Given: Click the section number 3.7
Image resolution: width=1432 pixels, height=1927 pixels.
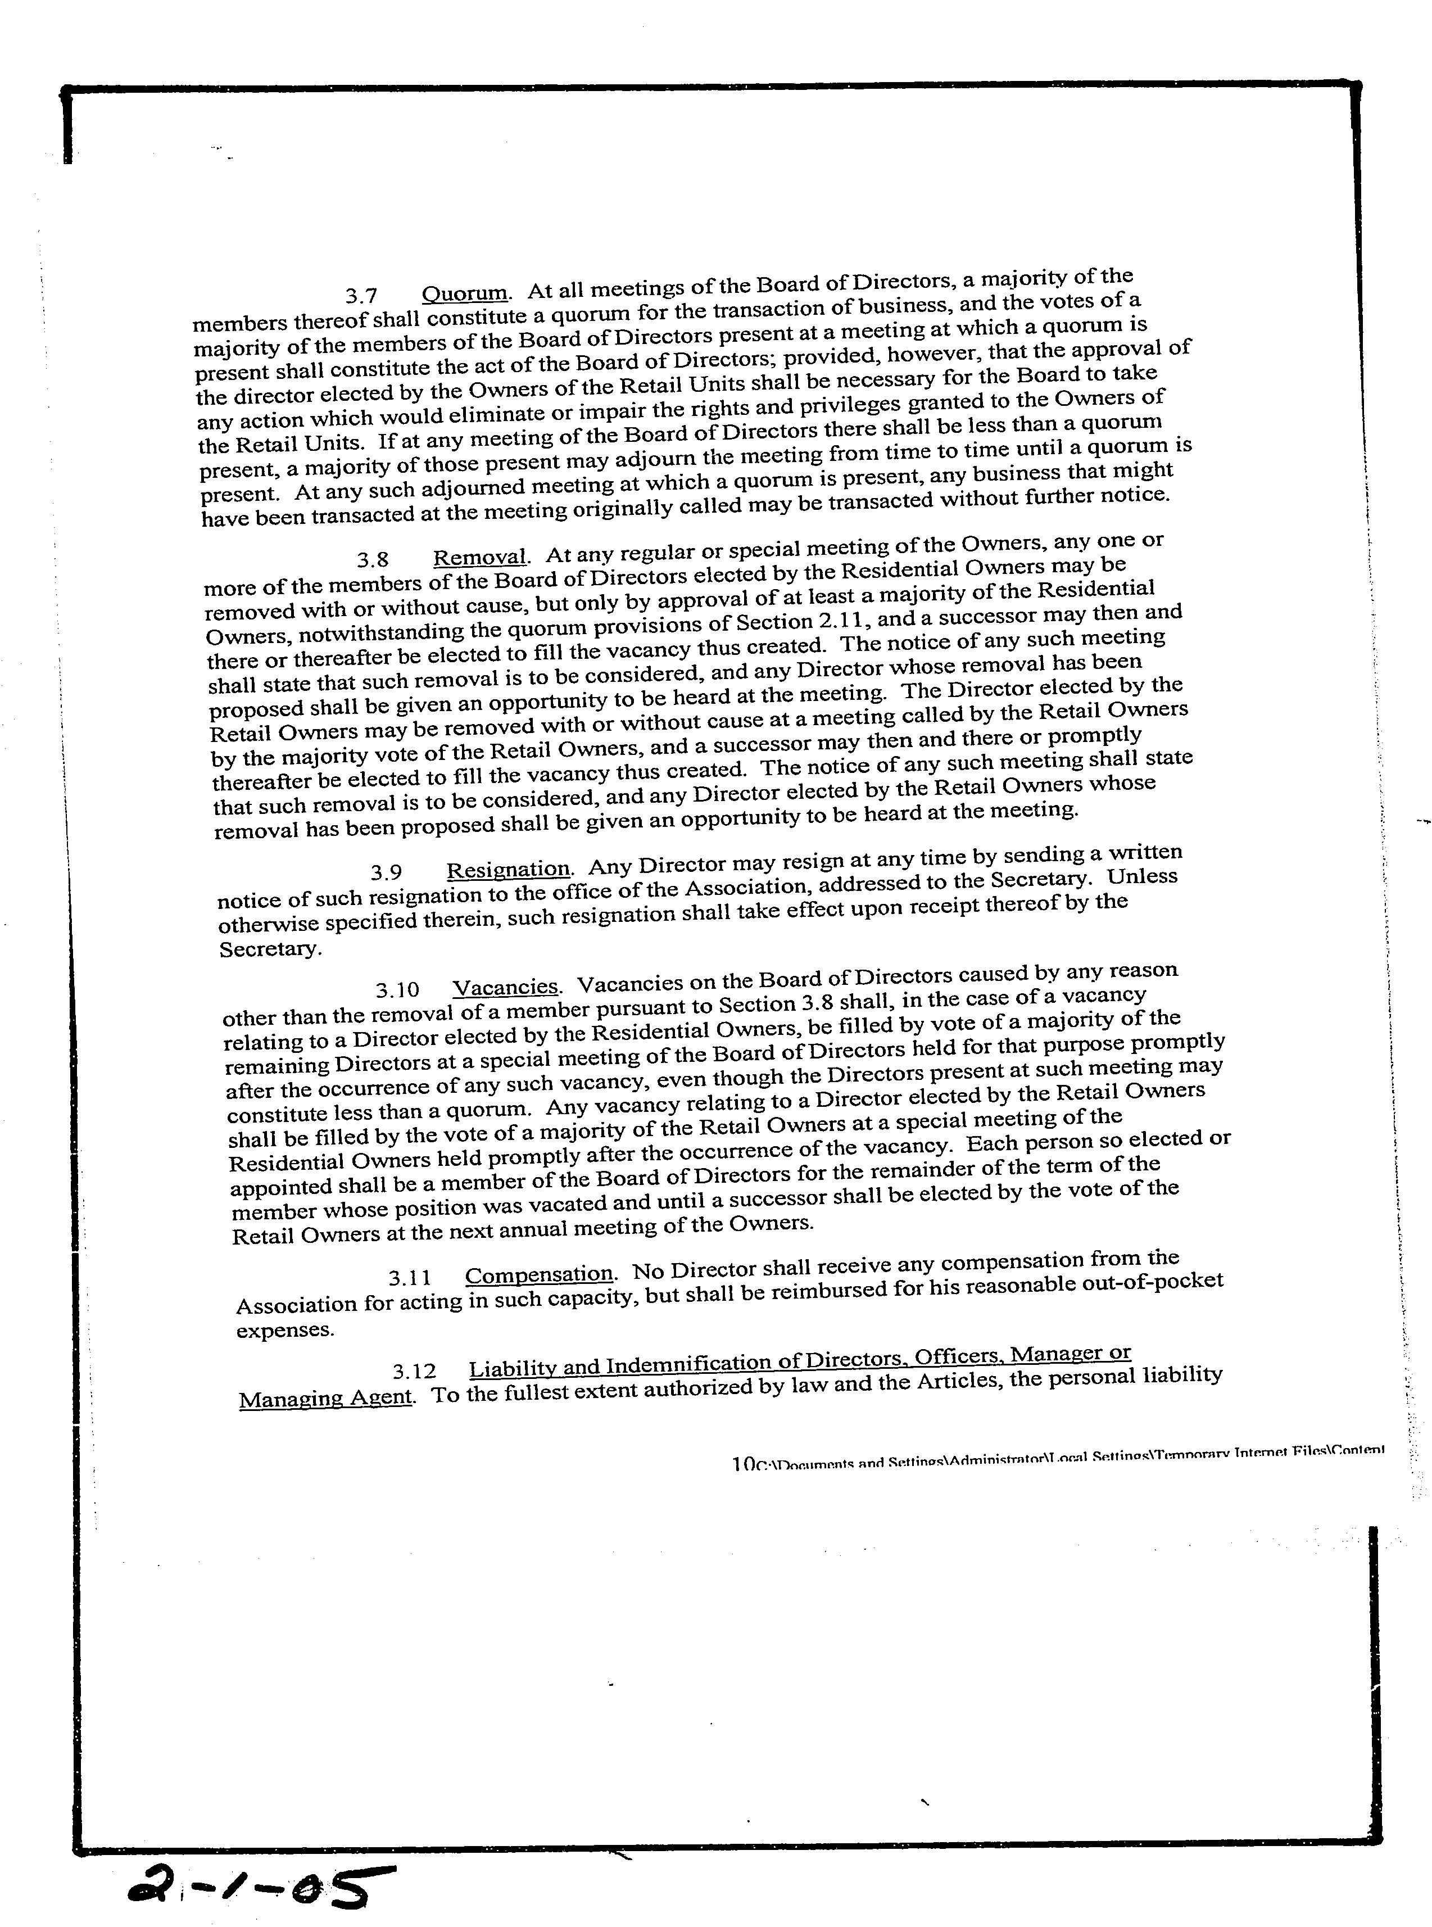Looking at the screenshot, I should pyautogui.click(x=361, y=296).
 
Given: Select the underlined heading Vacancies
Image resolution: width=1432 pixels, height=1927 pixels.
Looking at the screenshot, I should pyautogui.click(x=506, y=987).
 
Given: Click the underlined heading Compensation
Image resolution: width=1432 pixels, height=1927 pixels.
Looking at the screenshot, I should pyautogui.click(x=539, y=1275).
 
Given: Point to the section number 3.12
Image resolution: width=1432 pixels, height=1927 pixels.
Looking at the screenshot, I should pyautogui.click(x=414, y=1372).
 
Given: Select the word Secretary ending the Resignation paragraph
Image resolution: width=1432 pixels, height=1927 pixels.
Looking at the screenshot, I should pyautogui.click(x=270, y=949).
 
